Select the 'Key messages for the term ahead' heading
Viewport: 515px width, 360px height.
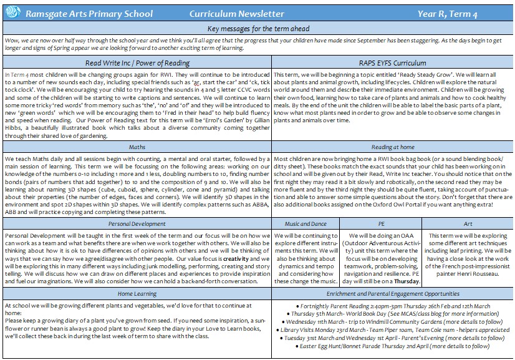[257, 29]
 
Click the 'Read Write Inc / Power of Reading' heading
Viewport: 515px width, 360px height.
[137, 63]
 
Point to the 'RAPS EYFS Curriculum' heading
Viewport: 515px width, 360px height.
[392, 63]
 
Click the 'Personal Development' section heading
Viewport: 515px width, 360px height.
[137, 223]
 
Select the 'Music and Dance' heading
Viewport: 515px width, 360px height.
[306, 223]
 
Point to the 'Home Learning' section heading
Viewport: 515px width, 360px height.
[137, 291]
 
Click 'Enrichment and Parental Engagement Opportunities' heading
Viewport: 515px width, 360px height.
[392, 291]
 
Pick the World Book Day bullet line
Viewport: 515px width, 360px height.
[392, 313]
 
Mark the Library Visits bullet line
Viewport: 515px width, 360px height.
[392, 329]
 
